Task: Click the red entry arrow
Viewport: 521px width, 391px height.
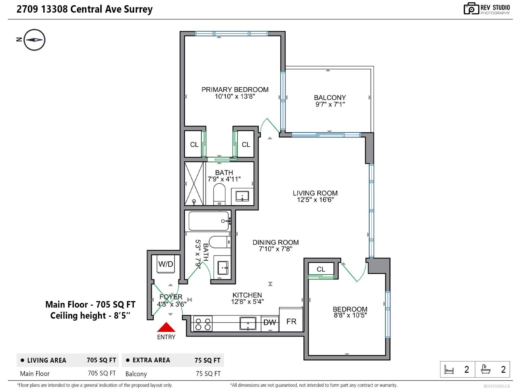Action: [x=166, y=327]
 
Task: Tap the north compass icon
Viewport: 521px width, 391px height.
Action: [x=34, y=40]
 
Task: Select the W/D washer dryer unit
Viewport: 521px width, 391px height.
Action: [x=166, y=264]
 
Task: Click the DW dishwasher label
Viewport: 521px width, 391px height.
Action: [x=270, y=322]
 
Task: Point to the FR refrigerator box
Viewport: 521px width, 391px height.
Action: [x=291, y=321]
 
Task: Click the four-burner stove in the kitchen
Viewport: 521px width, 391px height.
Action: [x=203, y=324]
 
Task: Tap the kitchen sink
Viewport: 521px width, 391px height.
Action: [x=248, y=324]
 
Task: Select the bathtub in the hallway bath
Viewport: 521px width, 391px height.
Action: [x=209, y=221]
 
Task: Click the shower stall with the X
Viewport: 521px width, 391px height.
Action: [x=194, y=184]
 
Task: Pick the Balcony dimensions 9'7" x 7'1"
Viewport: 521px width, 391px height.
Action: [x=330, y=104]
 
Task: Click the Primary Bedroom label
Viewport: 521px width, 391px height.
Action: [x=235, y=90]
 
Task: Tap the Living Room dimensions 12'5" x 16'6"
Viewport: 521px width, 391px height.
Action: [x=315, y=200]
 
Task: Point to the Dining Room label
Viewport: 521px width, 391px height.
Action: [x=275, y=242]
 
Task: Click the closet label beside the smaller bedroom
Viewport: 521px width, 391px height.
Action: [x=321, y=269]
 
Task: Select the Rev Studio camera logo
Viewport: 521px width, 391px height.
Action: [x=471, y=9]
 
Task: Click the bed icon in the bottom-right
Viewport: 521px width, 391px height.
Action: [x=449, y=369]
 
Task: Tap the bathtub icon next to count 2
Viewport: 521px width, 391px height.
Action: [x=486, y=369]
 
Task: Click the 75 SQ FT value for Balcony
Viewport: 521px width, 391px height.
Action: [x=208, y=374]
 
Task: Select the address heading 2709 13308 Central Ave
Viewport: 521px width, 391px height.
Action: [x=85, y=9]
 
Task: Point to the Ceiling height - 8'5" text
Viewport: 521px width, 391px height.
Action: [x=90, y=315]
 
